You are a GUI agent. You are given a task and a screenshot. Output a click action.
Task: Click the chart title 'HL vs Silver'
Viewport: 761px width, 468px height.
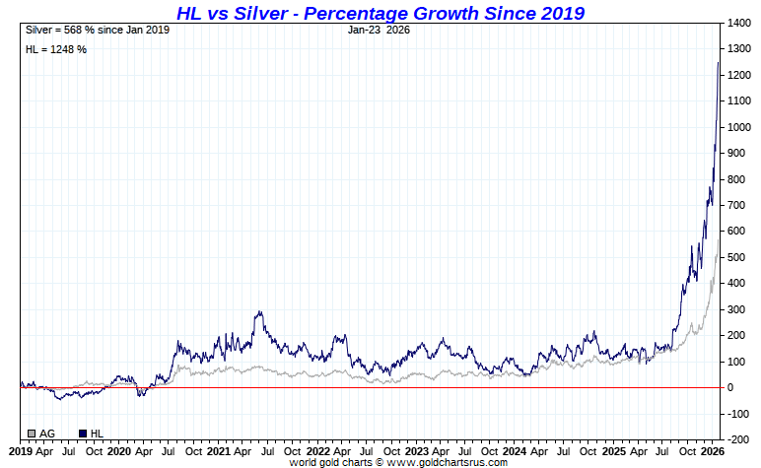coord(380,13)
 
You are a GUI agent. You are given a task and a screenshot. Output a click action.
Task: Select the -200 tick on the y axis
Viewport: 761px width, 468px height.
coord(734,439)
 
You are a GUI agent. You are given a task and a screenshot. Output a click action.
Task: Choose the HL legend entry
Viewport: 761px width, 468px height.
coord(96,434)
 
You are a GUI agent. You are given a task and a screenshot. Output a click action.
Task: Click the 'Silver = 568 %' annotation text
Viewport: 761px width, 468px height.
coord(98,30)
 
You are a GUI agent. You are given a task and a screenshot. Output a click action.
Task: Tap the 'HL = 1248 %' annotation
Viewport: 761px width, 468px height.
coord(55,49)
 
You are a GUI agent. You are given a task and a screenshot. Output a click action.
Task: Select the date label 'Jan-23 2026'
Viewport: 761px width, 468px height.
coord(379,30)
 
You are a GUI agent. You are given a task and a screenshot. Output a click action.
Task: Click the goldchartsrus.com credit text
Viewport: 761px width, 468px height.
coord(398,462)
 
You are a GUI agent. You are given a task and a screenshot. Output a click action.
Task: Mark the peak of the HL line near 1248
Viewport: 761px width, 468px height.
coord(718,63)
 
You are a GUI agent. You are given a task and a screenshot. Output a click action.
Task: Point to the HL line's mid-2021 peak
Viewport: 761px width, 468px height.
coord(259,312)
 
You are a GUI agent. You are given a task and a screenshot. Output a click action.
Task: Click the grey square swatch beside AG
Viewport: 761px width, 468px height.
coord(33,434)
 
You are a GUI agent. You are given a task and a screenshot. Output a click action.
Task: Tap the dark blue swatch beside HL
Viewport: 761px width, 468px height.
coord(83,434)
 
